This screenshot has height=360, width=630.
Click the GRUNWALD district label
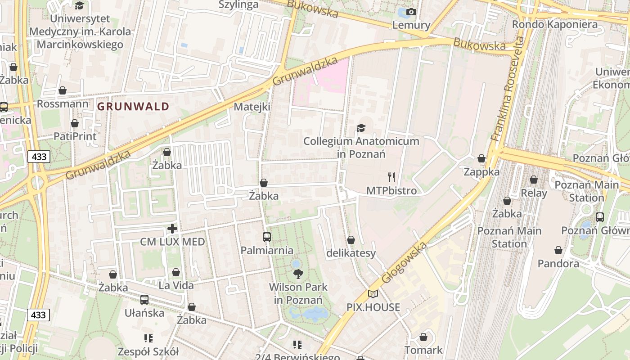pyautogui.click(x=133, y=107)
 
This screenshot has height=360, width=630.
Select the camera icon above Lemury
pyautogui.click(x=411, y=12)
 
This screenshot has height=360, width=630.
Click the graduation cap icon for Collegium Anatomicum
pyautogui.click(x=361, y=128)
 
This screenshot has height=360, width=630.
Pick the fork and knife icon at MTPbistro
pyautogui.click(x=391, y=177)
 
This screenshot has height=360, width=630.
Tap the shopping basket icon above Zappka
pyautogui.click(x=481, y=158)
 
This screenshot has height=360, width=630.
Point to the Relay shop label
pyautogui.click(x=534, y=193)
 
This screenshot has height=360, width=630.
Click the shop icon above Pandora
pyautogui.click(x=558, y=250)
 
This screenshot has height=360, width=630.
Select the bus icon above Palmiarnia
pyautogui.click(x=267, y=237)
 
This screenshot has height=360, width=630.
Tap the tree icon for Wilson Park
pyautogui.click(x=298, y=274)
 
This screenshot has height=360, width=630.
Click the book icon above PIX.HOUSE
pyautogui.click(x=373, y=294)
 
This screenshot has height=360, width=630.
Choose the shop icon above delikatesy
pyautogui.click(x=351, y=240)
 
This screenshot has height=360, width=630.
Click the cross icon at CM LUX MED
pyautogui.click(x=172, y=229)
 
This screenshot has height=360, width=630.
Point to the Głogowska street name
pyautogui.click(x=404, y=263)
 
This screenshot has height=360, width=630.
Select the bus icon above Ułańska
pyautogui.click(x=144, y=299)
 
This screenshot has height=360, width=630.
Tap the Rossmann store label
pyautogui.click(x=63, y=104)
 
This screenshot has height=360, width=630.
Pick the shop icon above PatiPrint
pyautogui.click(x=75, y=123)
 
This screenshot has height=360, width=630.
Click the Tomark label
pyautogui.click(x=423, y=350)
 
